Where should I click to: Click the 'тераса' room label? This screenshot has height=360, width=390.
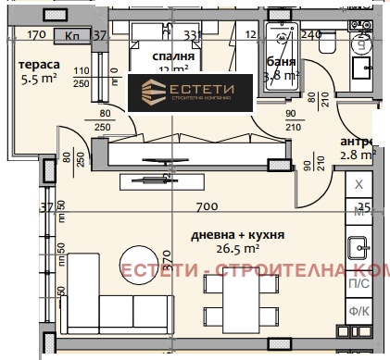click(40, 65)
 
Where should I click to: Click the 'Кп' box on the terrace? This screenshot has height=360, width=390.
click(73, 36)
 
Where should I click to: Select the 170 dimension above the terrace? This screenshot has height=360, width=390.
click(37, 36)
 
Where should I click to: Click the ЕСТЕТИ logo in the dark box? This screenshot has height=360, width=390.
click(190, 93)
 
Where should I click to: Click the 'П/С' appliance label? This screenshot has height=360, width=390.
click(358, 285)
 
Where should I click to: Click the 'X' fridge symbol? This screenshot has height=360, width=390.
click(359, 184)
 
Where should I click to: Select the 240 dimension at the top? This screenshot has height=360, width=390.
click(310, 36)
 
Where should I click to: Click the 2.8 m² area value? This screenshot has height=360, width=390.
click(358, 155)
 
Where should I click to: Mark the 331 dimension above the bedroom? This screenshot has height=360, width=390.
click(192, 36)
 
